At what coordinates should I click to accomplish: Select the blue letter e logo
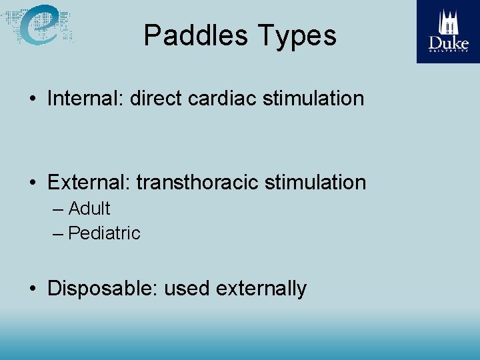pyautogui.click(x=40, y=25)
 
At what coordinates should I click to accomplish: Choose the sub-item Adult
pyautogui.click(x=89, y=209)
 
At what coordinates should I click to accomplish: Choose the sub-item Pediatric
pyautogui.click(x=104, y=233)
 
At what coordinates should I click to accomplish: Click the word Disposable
pyautogui.click(x=102, y=289)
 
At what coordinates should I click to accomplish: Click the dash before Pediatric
pyautogui.click(x=57, y=234)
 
